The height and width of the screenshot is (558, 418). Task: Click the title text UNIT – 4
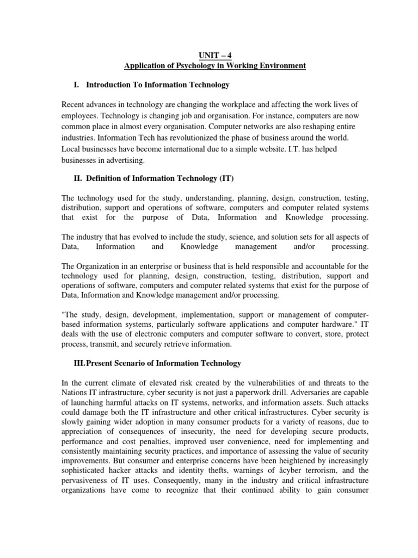click(215, 55)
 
